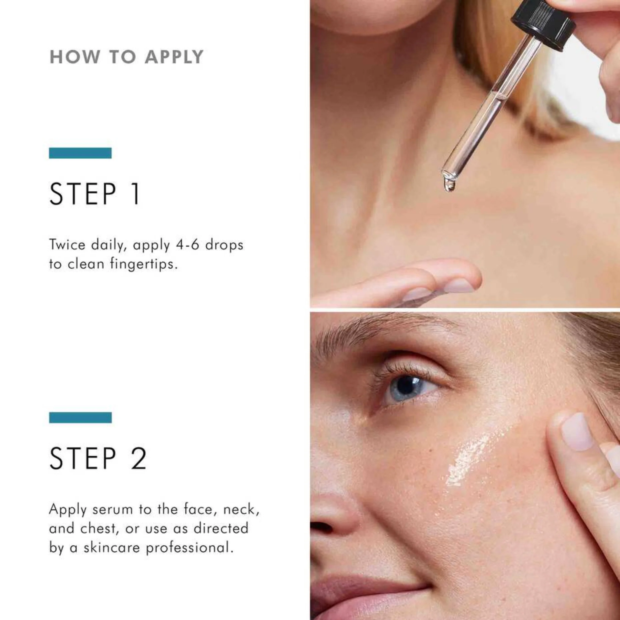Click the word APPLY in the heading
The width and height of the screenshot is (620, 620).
(174, 57)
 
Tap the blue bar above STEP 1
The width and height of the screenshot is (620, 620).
(80, 153)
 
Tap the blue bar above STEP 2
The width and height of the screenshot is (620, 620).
(80, 417)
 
